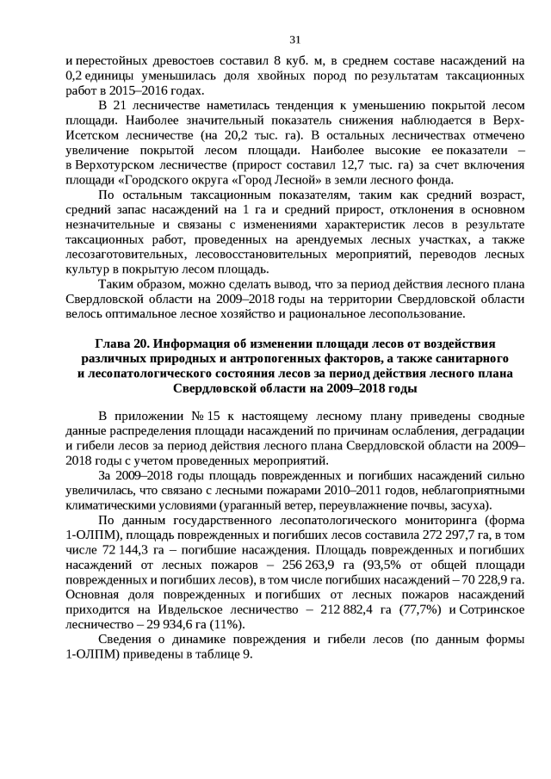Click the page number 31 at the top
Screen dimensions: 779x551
[294, 39]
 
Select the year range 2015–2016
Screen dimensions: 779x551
[155, 90]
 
